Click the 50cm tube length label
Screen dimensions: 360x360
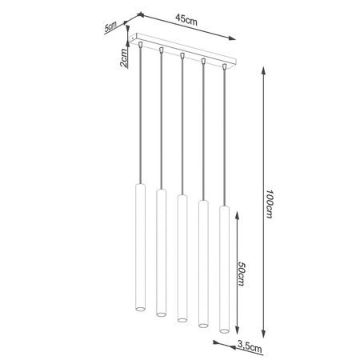242,275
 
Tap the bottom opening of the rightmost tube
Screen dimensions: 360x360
224,328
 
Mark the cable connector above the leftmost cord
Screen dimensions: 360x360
141,48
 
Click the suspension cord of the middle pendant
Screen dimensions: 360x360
182,128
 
